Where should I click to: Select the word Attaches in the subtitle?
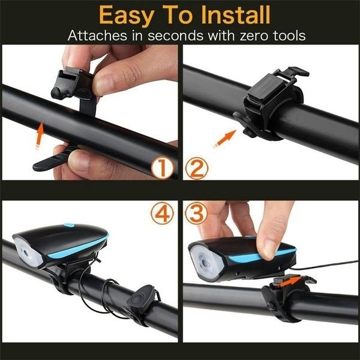click(x=96, y=36)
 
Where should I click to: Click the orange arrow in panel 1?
click(x=40, y=133)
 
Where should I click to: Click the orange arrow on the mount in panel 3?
click(x=292, y=279)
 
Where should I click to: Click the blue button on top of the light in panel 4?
click(x=68, y=226)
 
